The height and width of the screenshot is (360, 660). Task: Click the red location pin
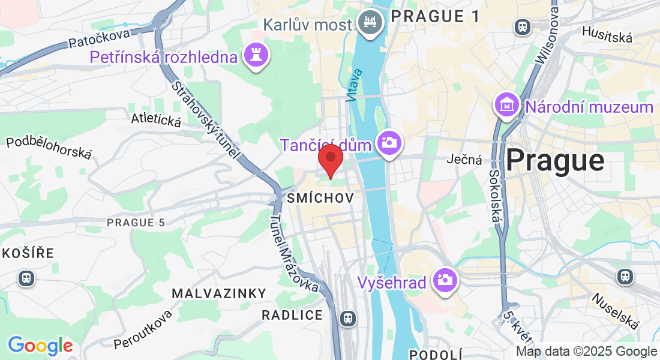[330, 159]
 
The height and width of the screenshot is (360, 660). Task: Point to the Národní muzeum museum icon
[507, 105]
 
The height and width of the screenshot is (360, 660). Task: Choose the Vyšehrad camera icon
[445, 280]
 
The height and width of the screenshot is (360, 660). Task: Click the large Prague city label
[554, 161]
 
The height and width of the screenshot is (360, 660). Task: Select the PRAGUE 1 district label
[436, 17]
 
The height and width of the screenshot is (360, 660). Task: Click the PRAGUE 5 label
[136, 223]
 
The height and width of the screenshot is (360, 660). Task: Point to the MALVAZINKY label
[218, 293]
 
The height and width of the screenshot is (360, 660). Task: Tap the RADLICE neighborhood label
[292, 315]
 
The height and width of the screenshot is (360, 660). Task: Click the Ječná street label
[465, 160]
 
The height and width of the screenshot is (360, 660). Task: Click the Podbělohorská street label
[49, 148]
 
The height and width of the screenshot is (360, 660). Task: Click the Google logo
[40, 346]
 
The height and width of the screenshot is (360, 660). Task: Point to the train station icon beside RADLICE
[347, 318]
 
